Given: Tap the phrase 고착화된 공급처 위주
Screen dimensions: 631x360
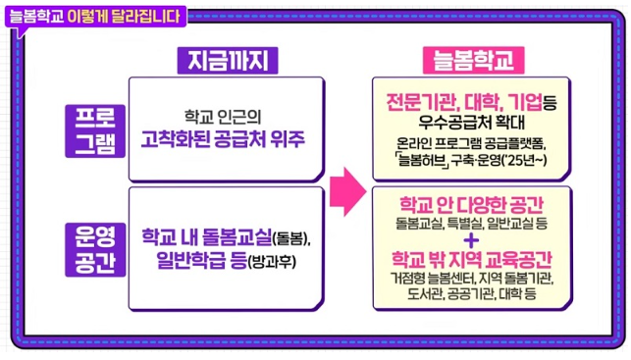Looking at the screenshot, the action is (x=224, y=139).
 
